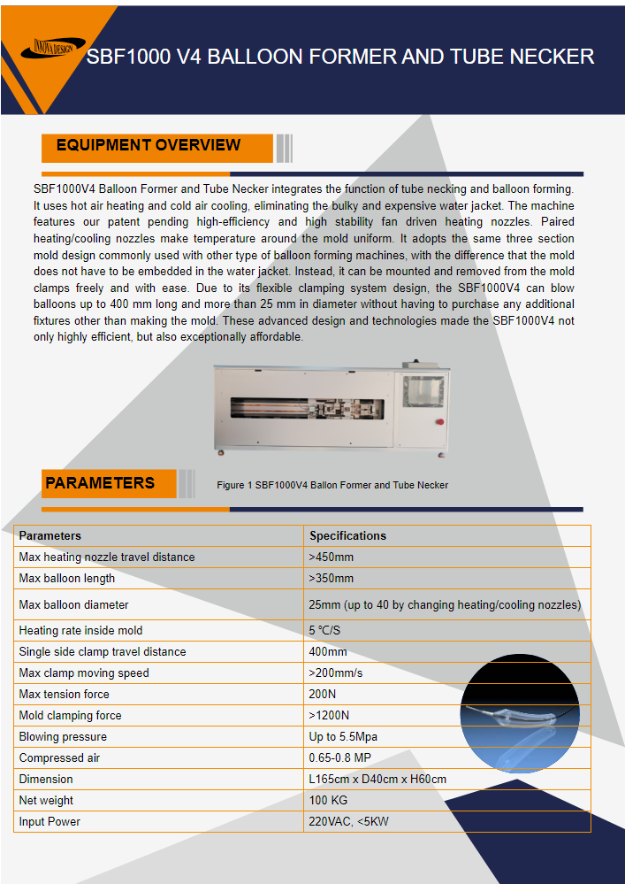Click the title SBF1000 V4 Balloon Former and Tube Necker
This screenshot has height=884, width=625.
pyautogui.click(x=340, y=58)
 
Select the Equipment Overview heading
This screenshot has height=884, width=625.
pyautogui.click(x=149, y=146)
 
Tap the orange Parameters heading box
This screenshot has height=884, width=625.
pyautogui.click(x=100, y=483)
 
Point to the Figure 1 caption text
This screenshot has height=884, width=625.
pyautogui.click(x=332, y=485)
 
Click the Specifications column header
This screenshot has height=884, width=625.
pyautogui.click(x=347, y=535)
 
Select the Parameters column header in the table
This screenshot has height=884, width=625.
pyautogui.click(x=50, y=535)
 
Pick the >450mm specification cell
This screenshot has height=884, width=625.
pyautogui.click(x=332, y=557)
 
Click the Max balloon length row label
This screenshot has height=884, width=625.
pyautogui.click(x=67, y=578)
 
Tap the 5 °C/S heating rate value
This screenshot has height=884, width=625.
pyautogui.click(x=324, y=630)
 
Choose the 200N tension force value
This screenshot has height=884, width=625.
pyautogui.click(x=324, y=694)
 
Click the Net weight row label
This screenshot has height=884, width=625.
pyautogui.click(x=46, y=800)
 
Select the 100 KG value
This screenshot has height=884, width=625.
pyautogui.click(x=329, y=800)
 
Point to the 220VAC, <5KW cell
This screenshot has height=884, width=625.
pyautogui.click(x=348, y=821)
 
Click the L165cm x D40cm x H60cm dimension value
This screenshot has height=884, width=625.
pyautogui.click(x=377, y=779)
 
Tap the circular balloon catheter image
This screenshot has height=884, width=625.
pyautogui.click(x=520, y=713)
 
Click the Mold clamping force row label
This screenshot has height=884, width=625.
pyautogui.click(x=71, y=715)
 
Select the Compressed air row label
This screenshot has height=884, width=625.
pyautogui.click(x=58, y=757)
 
